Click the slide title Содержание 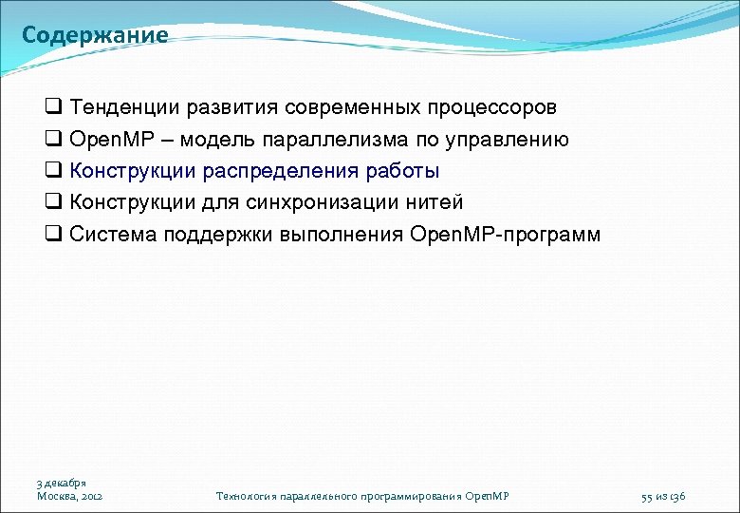[x=95, y=36]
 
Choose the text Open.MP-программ [x=506, y=234]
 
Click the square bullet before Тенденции [x=53, y=108]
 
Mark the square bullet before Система [x=53, y=235]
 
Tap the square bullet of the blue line [x=53, y=172]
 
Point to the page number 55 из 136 [x=663, y=496]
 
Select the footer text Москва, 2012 [x=69, y=496]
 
